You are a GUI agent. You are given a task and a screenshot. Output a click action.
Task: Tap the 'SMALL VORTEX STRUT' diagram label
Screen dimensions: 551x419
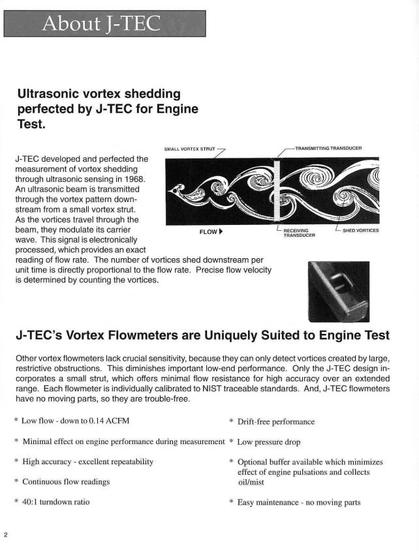(x=189, y=149)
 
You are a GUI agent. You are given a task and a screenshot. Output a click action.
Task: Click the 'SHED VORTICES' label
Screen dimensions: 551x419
(x=360, y=230)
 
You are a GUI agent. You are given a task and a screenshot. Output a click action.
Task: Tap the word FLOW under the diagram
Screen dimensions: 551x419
(x=208, y=231)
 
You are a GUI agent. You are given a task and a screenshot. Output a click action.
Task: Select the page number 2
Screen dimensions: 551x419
(x=6, y=535)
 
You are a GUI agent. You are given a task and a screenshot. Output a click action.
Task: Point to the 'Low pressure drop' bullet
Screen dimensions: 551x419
(x=268, y=442)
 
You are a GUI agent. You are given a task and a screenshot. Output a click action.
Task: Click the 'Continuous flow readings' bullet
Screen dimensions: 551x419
(x=66, y=482)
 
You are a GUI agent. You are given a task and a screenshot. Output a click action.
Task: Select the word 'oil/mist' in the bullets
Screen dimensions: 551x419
(x=253, y=482)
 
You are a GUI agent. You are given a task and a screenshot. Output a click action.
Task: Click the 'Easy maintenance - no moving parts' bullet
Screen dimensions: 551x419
(x=298, y=502)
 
